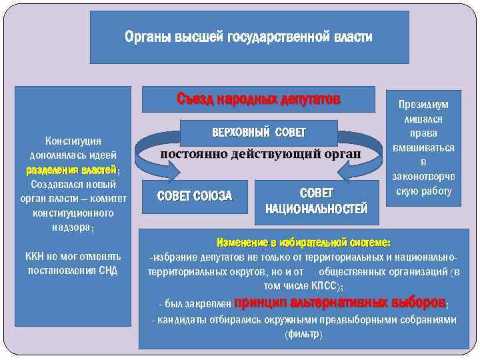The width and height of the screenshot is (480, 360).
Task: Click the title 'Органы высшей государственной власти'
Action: pos(249,37)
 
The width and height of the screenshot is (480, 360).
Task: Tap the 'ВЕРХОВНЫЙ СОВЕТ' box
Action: pos(258,133)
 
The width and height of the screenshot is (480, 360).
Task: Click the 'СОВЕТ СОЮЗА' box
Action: pos(194,195)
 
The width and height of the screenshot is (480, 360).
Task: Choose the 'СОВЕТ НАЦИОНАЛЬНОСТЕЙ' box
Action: pos(316,201)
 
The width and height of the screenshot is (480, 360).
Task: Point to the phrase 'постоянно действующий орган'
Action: pos(261,154)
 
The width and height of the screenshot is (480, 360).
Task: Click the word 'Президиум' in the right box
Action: pos(423,105)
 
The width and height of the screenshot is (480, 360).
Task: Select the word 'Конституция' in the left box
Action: pos(73,141)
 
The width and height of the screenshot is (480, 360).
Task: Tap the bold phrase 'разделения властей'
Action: pos(71,169)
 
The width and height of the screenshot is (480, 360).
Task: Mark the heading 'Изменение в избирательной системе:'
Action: pos(303,242)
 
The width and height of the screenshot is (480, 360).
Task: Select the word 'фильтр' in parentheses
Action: pos(303,333)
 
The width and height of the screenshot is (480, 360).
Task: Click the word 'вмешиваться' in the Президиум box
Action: pos(423,148)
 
